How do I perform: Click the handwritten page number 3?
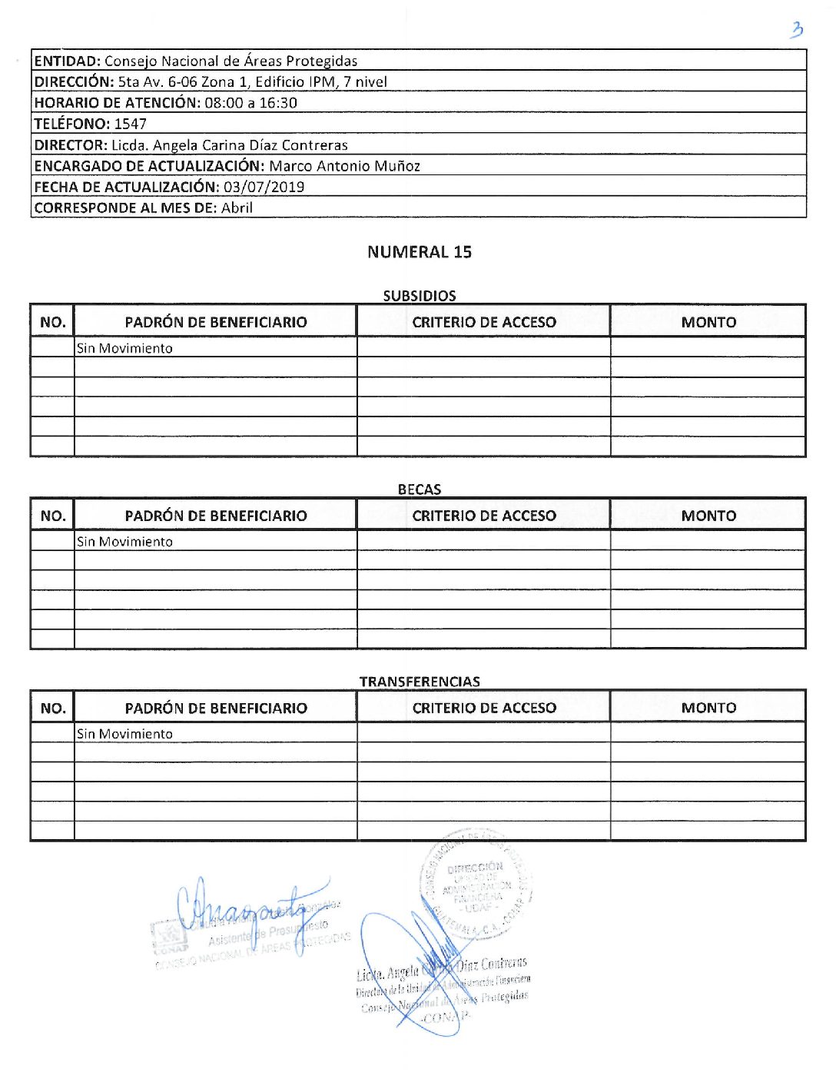coord(797,30)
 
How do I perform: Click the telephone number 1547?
coord(130,124)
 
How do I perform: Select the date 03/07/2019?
coord(264,187)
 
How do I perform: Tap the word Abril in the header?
coord(237,207)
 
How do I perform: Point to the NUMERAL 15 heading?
coord(419,252)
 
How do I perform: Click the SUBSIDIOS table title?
coord(419,296)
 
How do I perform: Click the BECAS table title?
coord(419,490)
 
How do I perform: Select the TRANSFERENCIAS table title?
coord(419,682)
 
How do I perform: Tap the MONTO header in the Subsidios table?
coord(708,323)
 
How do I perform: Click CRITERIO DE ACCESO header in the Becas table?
coord(483,516)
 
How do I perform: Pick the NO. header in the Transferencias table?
coord(52,708)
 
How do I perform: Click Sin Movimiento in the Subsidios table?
coord(124,348)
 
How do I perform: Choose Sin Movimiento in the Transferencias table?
coord(124,734)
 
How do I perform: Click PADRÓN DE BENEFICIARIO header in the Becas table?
coord(215,516)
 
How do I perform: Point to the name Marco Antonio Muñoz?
coord(344,166)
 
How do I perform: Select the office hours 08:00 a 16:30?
coord(250,103)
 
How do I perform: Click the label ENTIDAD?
coord(68,61)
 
